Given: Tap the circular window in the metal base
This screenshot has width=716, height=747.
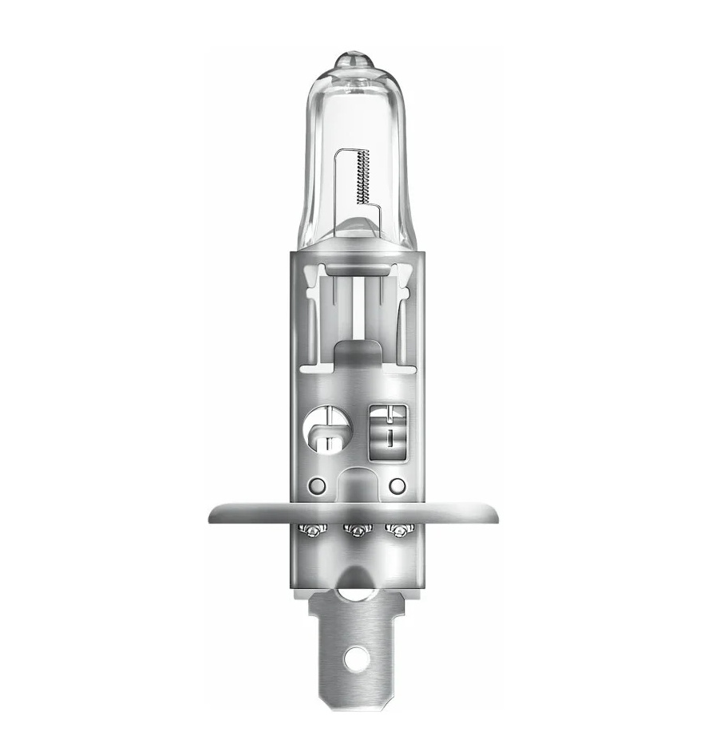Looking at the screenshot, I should click(x=326, y=431).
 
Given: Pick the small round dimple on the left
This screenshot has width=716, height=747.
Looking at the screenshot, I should click(x=318, y=484).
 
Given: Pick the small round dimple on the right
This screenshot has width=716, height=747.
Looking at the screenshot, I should click(x=397, y=484).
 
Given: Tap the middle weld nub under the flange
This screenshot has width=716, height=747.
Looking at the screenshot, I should click(x=354, y=529).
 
